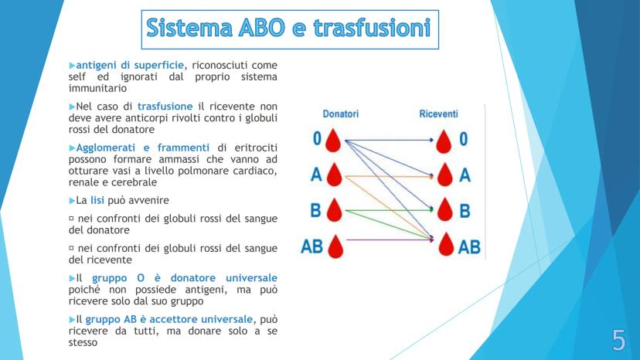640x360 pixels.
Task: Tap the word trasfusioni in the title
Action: pyautogui.click(x=372, y=28)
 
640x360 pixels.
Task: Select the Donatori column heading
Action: pyautogui.click(x=340, y=114)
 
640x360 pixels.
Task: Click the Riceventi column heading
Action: pyautogui.click(x=438, y=114)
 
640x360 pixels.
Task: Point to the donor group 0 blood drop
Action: pyautogui.click(x=333, y=141)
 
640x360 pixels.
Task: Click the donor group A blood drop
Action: pyautogui.click(x=334, y=175)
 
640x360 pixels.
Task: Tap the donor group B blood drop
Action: pyautogui.click(x=334, y=210)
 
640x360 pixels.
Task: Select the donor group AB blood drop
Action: pyautogui.click(x=335, y=246)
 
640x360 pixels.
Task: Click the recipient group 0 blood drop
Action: pyautogui.click(x=444, y=141)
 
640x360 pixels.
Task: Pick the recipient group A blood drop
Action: pyautogui.click(x=445, y=175)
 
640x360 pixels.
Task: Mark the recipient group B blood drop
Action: pyautogui.click(x=445, y=209)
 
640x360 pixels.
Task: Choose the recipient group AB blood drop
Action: pyautogui.click(x=446, y=244)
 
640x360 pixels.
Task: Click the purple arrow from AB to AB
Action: pyautogui.click(x=390, y=240)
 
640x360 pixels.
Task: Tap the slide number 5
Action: pyautogui.click(x=618, y=340)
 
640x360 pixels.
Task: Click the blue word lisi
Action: pyautogui.click(x=97, y=200)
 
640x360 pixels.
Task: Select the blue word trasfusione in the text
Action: pyautogui.click(x=165, y=106)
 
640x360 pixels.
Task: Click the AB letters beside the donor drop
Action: pyautogui.click(x=311, y=246)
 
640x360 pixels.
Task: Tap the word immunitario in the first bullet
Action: pyautogui.click(x=97, y=88)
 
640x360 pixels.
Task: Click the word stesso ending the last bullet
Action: pyautogui.click(x=83, y=342)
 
